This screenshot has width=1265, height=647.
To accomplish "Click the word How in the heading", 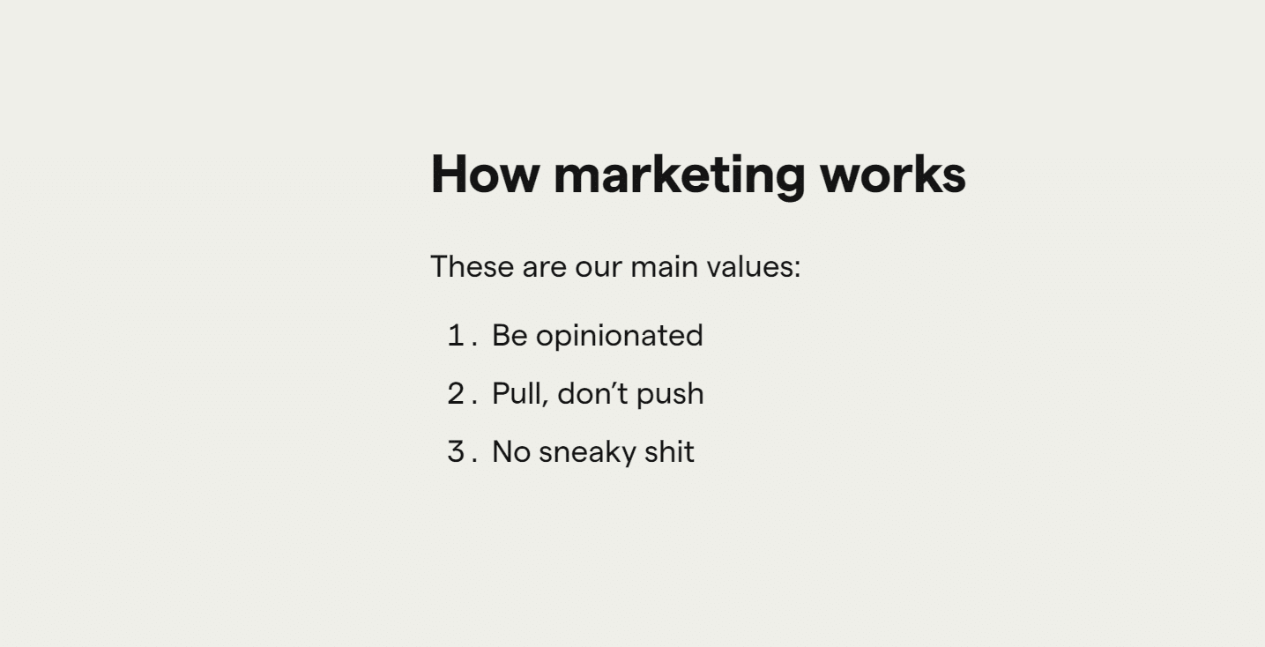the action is click(x=485, y=175).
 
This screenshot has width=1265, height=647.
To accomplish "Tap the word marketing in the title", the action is click(x=680, y=176).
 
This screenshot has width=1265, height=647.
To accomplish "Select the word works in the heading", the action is click(x=893, y=175).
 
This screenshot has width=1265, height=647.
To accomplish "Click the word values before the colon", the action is click(x=749, y=266).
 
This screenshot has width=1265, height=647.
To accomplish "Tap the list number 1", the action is click(x=456, y=335).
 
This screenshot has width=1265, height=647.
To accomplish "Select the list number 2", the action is click(x=456, y=393).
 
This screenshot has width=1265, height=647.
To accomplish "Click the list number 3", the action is click(x=456, y=451).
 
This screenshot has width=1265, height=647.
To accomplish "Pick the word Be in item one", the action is click(x=510, y=335).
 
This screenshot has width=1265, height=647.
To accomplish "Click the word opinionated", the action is click(x=620, y=337).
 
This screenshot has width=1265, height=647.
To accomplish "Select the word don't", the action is click(x=592, y=393).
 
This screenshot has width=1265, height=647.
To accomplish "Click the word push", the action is click(x=670, y=395).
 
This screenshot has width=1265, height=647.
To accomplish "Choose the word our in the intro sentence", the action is click(x=599, y=268).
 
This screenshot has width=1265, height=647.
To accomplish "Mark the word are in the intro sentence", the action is click(x=545, y=268).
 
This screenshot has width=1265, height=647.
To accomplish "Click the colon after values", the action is click(x=798, y=269).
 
